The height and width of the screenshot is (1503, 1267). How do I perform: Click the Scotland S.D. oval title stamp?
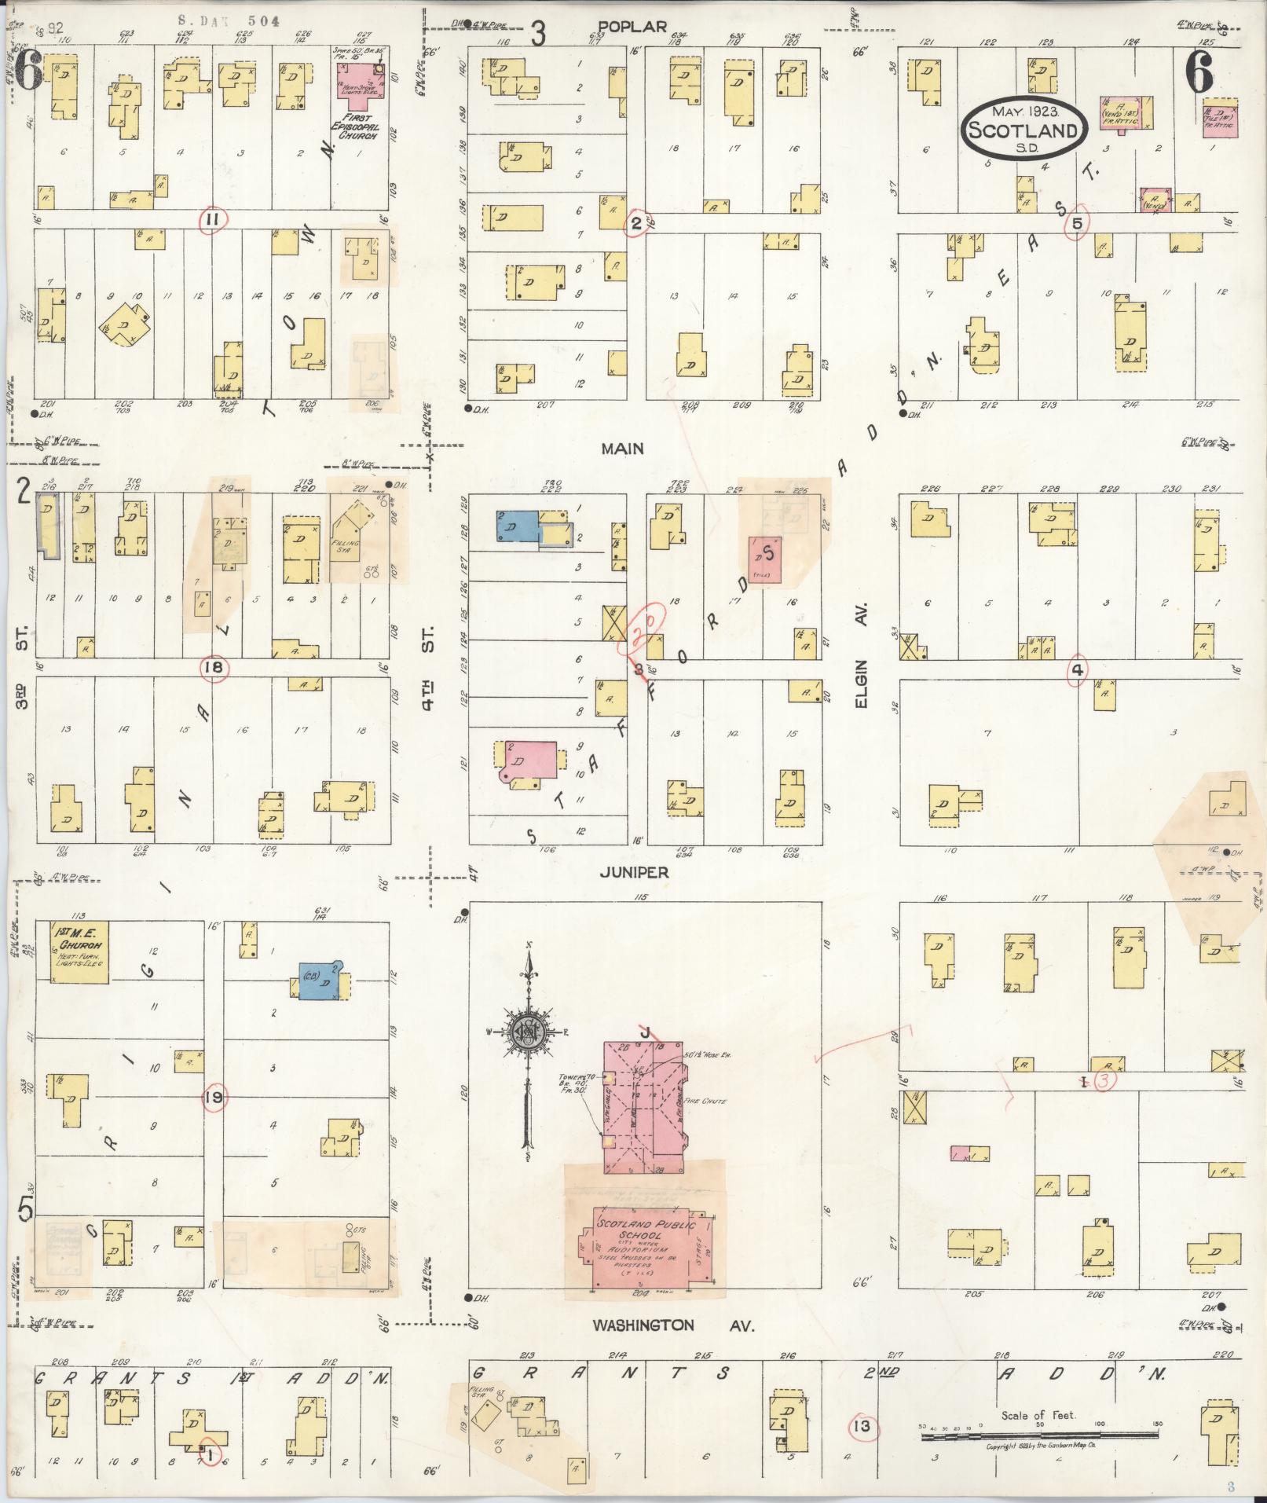1023,124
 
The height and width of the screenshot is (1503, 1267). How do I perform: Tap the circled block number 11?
212,219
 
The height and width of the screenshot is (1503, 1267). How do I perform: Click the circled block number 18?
214,669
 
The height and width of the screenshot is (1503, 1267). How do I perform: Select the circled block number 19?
213,1098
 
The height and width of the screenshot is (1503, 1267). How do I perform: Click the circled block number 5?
1077,224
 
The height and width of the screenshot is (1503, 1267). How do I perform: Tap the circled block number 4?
1077,670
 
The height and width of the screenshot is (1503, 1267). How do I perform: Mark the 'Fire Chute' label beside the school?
705,1102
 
